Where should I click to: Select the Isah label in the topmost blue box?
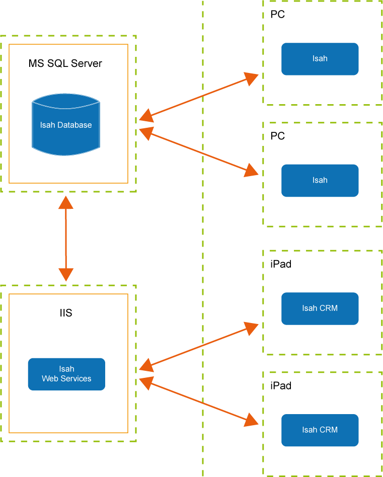[x=320, y=58]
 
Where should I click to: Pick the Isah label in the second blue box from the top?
[x=320, y=180]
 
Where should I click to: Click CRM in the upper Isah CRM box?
[x=328, y=308]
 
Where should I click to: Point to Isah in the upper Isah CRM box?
[x=310, y=308]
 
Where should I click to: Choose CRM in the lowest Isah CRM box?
[x=328, y=430]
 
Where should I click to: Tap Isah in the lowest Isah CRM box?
[x=310, y=430]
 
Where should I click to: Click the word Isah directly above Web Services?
[x=66, y=369]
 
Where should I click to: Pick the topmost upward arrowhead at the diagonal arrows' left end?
[x=146, y=115]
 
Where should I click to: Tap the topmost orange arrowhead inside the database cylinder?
[x=66, y=202]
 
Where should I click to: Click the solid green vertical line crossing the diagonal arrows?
[x=203, y=252]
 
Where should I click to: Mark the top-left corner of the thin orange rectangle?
[x=9, y=45]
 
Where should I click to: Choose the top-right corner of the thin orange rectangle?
[x=128, y=45]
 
